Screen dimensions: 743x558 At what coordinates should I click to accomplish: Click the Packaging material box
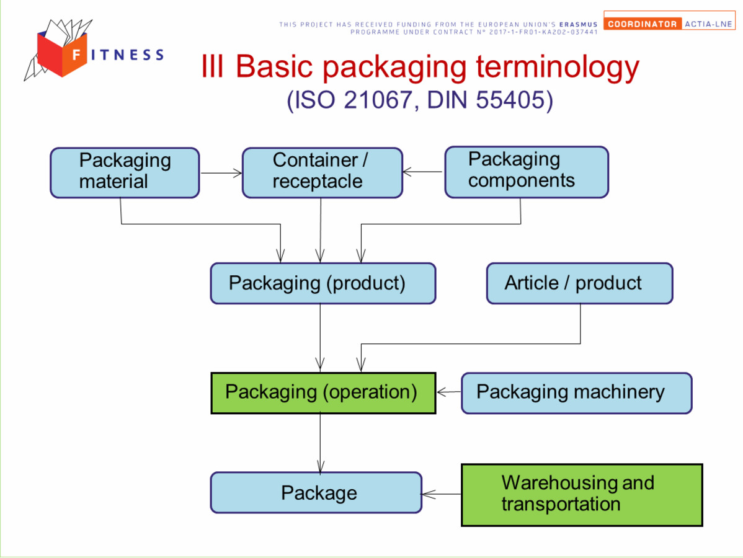pyautogui.click(x=125, y=172)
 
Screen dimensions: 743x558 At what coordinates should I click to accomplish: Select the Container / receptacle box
pyautogui.click(x=323, y=172)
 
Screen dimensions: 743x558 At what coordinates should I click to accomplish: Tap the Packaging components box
pyautogui.click(x=527, y=172)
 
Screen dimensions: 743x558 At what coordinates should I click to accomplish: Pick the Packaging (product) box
pyautogui.click(x=323, y=283)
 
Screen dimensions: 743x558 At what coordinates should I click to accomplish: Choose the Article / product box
pyautogui.click(x=579, y=283)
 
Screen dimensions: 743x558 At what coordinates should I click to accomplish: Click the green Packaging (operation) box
pyautogui.click(x=323, y=393)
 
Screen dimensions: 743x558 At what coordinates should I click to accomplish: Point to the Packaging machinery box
pyautogui.click(x=577, y=393)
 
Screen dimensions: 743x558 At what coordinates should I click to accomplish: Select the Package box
pyautogui.click(x=316, y=493)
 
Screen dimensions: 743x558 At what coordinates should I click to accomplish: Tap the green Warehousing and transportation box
pyautogui.click(x=582, y=495)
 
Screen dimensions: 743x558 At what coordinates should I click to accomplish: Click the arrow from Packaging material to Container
pyautogui.click(x=221, y=173)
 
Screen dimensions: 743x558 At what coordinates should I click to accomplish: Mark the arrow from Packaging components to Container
pyautogui.click(x=423, y=172)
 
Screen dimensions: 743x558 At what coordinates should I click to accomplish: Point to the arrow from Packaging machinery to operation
pyautogui.click(x=449, y=392)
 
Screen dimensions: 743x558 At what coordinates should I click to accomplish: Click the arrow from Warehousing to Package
pyautogui.click(x=441, y=495)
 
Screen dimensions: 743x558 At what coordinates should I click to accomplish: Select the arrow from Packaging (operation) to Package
pyautogui.click(x=320, y=443)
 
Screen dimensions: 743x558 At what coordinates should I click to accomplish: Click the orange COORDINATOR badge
pyautogui.click(x=643, y=24)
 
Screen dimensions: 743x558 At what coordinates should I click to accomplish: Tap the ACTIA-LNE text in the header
pyautogui.click(x=708, y=24)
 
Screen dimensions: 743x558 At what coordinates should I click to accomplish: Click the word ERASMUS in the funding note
pyautogui.click(x=578, y=24)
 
